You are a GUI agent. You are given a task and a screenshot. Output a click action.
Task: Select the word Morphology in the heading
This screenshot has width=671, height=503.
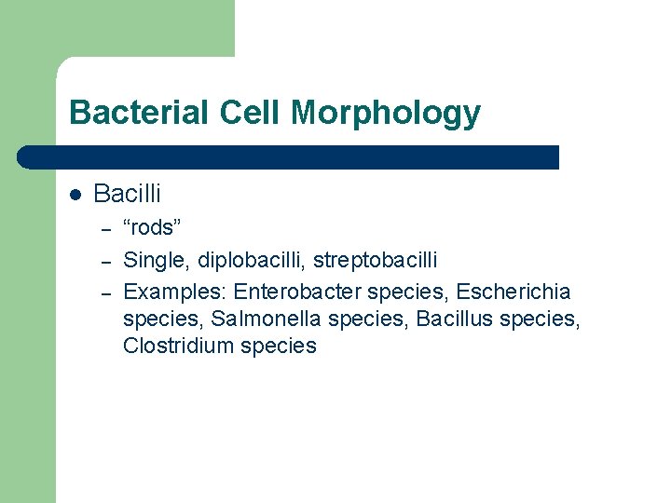[386, 113]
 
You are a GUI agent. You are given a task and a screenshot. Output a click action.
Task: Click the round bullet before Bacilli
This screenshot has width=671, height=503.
[75, 196]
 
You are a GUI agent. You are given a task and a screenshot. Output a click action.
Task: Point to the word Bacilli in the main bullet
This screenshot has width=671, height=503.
[128, 195]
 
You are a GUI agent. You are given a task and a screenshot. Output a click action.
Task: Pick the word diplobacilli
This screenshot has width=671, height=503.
[244, 261]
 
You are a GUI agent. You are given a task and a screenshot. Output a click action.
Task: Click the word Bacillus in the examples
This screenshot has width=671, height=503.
[455, 319]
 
